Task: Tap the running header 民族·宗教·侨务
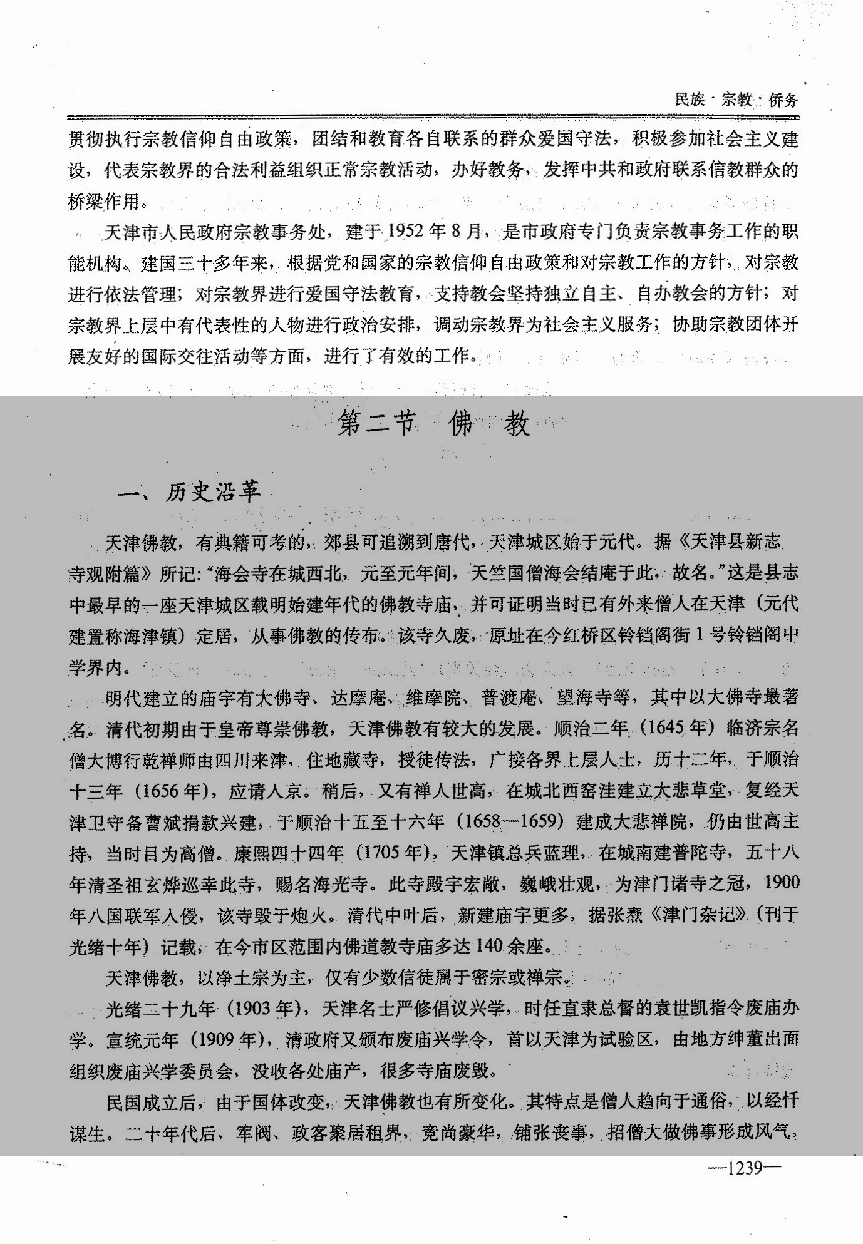tap(736, 100)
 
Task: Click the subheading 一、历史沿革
tap(189, 493)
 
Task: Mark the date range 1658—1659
tap(510, 822)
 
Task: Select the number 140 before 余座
tap(489, 945)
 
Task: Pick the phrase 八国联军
tap(124, 915)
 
